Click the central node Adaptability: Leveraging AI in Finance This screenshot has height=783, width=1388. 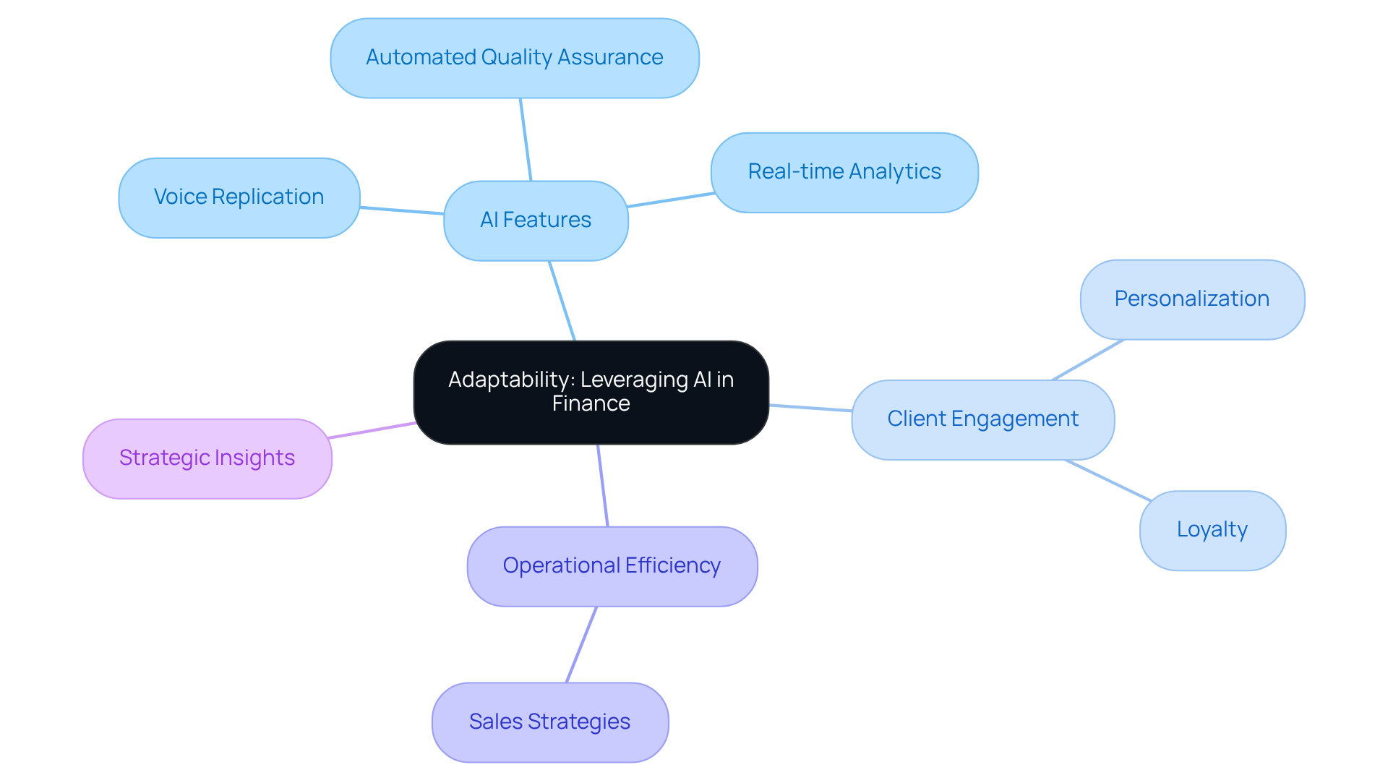[591, 392]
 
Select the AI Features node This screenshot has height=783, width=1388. [536, 221]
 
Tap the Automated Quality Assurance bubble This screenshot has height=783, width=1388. [514, 58]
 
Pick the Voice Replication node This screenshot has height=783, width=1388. [239, 197]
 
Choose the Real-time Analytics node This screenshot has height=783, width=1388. [844, 172]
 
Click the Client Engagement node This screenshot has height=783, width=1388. [982, 419]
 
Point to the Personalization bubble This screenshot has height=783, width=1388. [1191, 299]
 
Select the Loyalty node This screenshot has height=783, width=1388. [1212, 530]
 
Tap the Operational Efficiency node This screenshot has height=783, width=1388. [612, 566]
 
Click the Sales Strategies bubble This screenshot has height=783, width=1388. [549, 722]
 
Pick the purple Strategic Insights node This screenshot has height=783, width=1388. [207, 458]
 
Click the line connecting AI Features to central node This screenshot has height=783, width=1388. [562, 300]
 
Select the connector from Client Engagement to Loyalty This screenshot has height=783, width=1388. [1108, 480]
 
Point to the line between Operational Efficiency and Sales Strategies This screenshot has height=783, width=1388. [581, 644]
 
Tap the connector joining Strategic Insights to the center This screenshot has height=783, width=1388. [372, 430]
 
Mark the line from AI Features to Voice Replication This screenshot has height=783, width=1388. [402, 210]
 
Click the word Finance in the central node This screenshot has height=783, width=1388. [591, 403]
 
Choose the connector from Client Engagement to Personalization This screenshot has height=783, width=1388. [1088, 359]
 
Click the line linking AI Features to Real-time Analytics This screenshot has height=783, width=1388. [671, 200]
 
